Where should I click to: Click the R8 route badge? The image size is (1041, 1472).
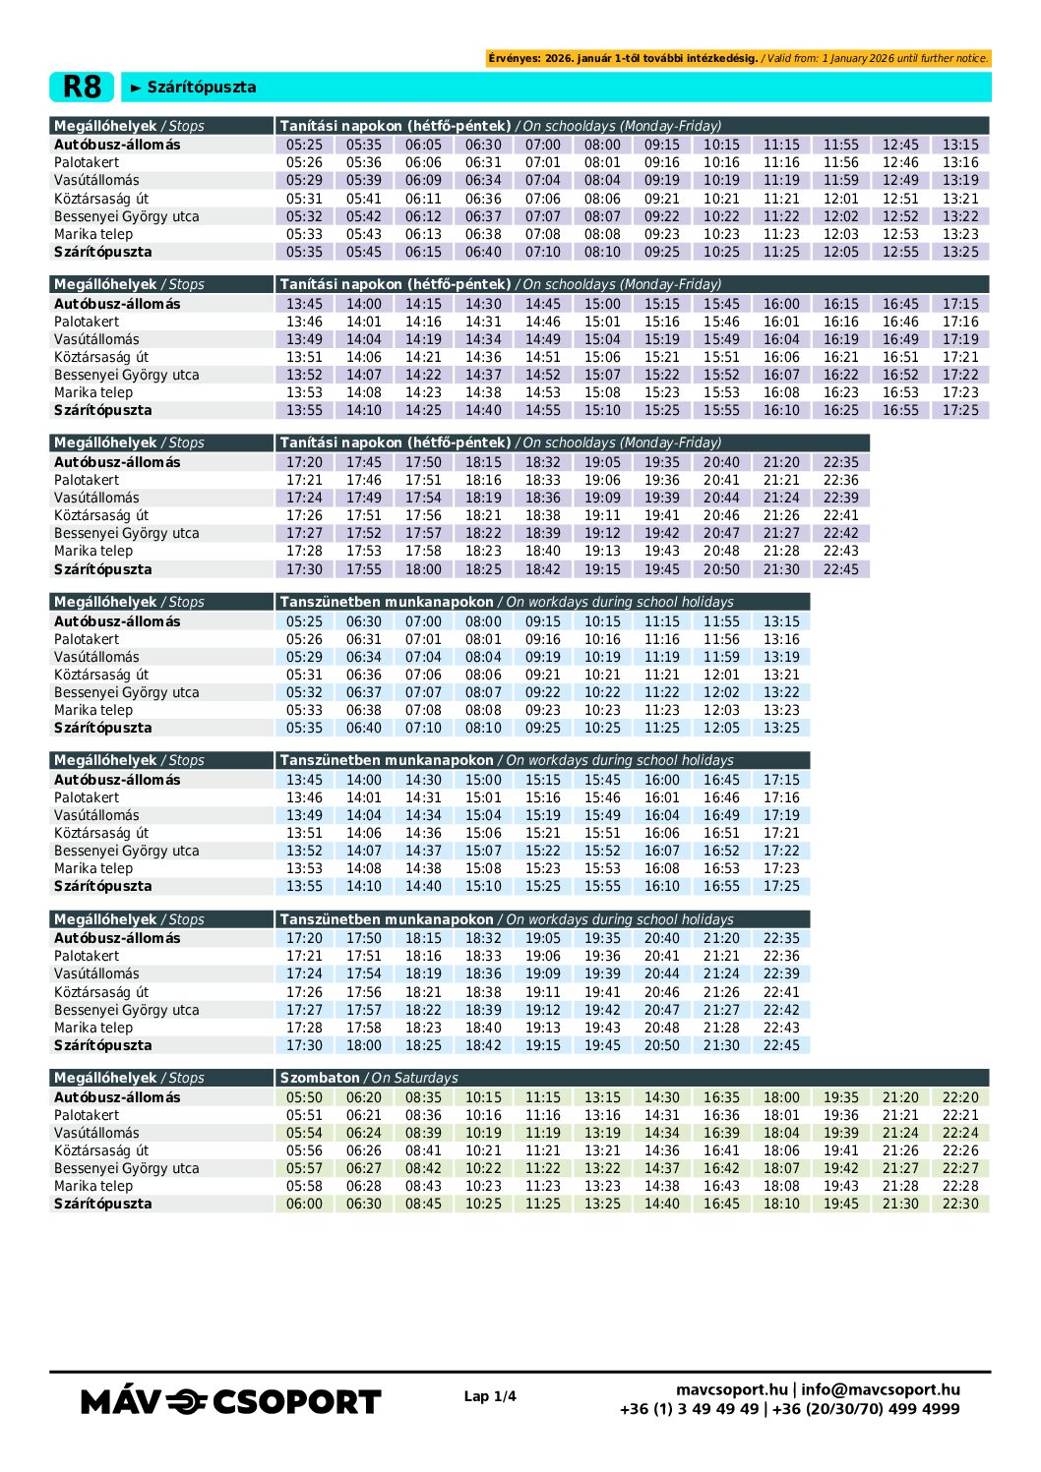[82, 87]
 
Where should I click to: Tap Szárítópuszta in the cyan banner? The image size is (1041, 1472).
[201, 87]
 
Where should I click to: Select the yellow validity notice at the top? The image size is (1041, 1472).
[738, 58]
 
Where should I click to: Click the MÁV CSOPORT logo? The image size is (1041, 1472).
[231, 1401]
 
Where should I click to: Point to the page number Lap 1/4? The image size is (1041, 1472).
[490, 1396]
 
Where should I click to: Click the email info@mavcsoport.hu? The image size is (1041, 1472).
[881, 1389]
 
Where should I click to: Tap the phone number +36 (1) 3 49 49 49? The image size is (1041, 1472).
[690, 1408]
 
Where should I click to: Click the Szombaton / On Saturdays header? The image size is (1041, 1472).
[369, 1078]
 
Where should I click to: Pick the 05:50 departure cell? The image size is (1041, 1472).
[304, 1097]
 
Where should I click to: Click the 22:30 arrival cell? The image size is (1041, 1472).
[960, 1204]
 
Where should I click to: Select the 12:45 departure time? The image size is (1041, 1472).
[900, 145]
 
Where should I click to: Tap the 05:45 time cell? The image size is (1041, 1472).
[364, 252]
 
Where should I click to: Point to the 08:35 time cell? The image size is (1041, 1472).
[423, 1097]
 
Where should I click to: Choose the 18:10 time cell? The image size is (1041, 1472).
[781, 1204]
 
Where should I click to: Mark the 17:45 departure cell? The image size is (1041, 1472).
[364, 462]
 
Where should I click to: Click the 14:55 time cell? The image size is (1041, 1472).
[543, 410]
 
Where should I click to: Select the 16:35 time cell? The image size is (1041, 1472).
[721, 1097]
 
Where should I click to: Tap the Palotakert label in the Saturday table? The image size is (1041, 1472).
[87, 1115]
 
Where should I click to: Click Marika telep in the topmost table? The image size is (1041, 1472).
[93, 234]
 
